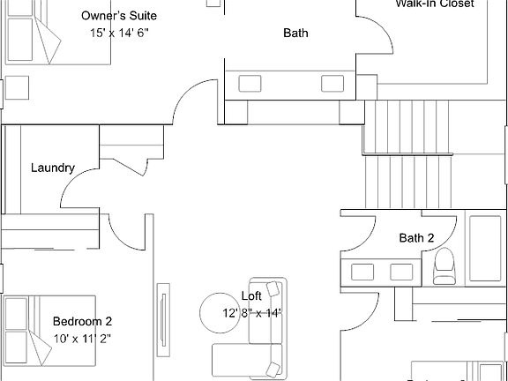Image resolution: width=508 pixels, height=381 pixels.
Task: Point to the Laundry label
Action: pos(52,168)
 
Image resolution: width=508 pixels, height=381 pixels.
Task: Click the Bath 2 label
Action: pos(416,237)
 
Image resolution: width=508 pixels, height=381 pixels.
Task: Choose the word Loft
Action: pos(251,296)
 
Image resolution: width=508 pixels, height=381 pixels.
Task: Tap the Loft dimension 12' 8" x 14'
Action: pos(251,312)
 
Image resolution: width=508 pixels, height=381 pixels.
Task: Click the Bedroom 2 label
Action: pos(82,322)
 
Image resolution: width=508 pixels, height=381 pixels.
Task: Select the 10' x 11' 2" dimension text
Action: pos(82,338)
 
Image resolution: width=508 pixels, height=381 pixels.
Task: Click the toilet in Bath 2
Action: pos(444,265)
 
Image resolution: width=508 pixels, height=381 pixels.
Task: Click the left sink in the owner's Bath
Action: pos(250,84)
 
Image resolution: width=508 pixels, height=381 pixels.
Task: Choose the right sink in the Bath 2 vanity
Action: pos(401,272)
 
